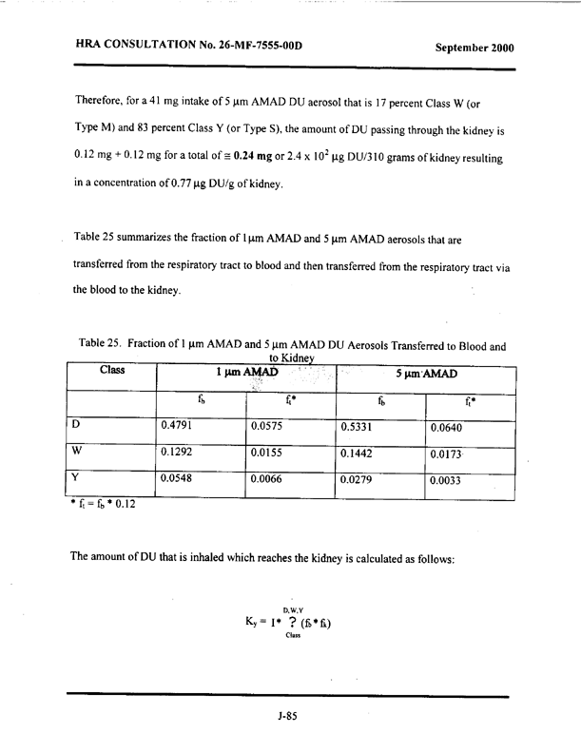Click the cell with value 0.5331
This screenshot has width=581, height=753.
360,400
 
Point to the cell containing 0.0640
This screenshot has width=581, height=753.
447,401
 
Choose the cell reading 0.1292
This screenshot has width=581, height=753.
182,438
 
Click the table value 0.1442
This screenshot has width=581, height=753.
360,439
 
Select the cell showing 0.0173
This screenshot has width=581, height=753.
447,441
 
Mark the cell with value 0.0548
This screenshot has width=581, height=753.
182,477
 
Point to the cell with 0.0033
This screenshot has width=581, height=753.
447,480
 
